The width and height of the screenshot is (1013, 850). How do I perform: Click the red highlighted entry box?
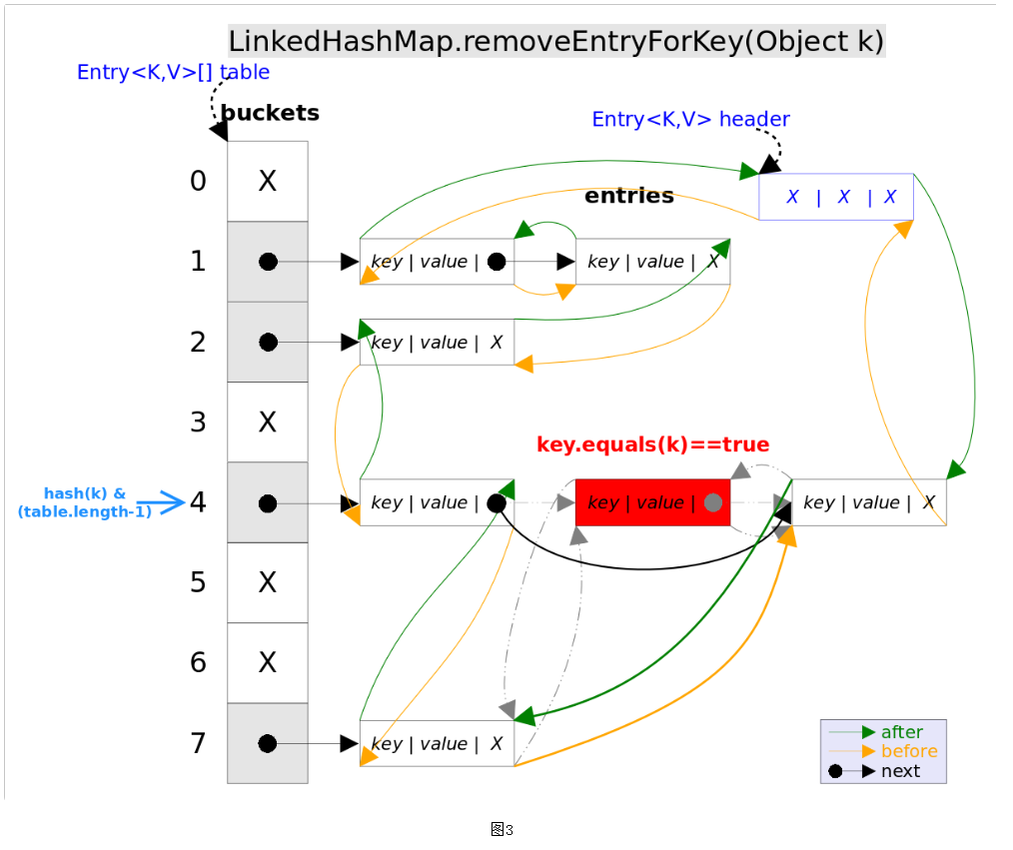(652, 502)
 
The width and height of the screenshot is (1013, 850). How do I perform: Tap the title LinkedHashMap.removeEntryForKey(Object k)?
(556, 42)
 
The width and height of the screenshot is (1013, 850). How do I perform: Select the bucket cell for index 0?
(268, 181)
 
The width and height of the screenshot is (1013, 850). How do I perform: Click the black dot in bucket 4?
(268, 503)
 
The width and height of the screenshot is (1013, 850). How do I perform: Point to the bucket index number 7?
(199, 743)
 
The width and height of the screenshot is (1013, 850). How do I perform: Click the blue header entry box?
(836, 197)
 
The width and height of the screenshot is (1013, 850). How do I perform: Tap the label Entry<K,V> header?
(690, 120)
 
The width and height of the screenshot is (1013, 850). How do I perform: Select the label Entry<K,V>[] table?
(173, 72)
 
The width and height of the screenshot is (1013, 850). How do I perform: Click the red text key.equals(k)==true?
(653, 444)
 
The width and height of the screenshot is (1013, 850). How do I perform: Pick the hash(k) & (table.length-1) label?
(85, 502)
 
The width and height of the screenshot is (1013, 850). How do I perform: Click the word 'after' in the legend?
(901, 732)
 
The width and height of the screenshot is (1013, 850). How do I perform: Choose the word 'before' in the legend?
(909, 751)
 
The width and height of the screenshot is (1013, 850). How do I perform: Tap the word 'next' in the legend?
(900, 771)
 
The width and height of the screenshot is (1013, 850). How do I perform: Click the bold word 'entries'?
(629, 196)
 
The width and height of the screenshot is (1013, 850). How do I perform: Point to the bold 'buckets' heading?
(270, 113)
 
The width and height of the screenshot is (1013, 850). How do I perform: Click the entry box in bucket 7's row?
(437, 744)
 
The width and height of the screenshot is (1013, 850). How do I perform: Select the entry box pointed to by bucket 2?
(437, 343)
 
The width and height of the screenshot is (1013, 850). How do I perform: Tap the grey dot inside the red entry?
(712, 502)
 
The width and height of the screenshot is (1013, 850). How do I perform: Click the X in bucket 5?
(268, 582)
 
